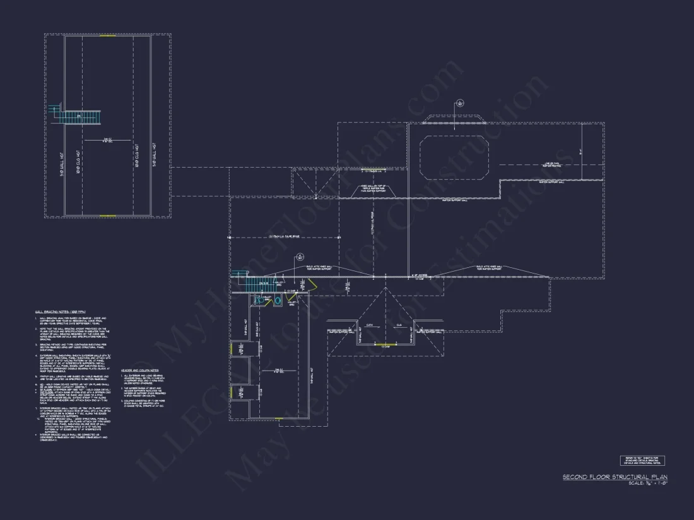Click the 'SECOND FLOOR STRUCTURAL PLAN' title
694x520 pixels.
pyautogui.click(x=615, y=477)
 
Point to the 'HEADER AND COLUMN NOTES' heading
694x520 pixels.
pyautogui.click(x=141, y=371)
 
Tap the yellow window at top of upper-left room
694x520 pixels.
pyautogui.click(x=108, y=36)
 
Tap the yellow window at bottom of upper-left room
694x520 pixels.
pyautogui.click(x=108, y=216)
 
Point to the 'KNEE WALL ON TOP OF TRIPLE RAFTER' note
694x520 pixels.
pyautogui.click(x=373, y=188)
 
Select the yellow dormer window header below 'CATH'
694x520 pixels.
pyautogui.click(x=385, y=345)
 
